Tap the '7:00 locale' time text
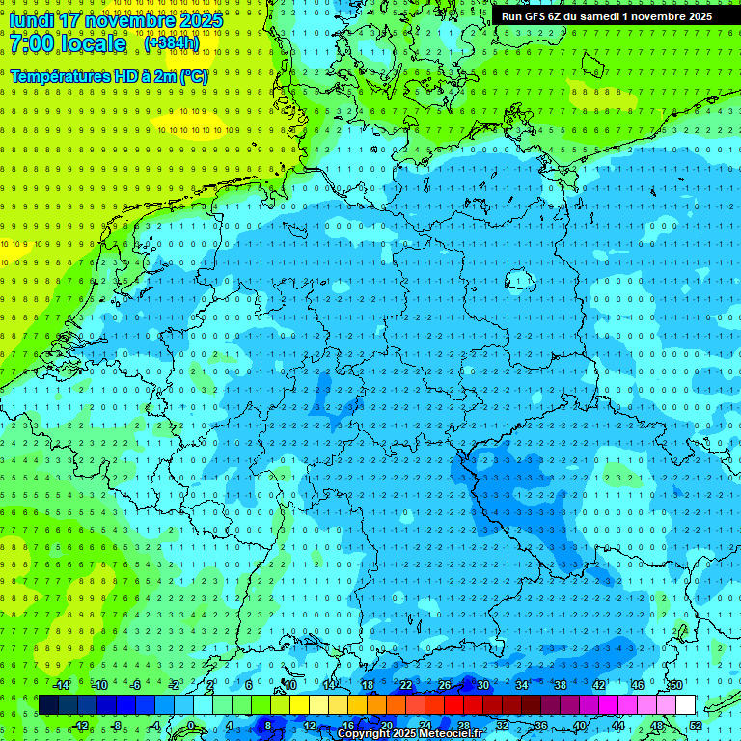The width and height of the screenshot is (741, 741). (x=68, y=43)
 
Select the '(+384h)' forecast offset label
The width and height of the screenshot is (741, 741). (x=172, y=43)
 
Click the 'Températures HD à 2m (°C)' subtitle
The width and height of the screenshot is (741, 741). (x=109, y=76)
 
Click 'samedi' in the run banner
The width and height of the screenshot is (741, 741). (x=611, y=16)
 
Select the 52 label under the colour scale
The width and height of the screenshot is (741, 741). (x=696, y=727)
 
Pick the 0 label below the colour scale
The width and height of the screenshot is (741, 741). (x=191, y=727)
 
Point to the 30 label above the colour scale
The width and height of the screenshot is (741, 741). (x=482, y=685)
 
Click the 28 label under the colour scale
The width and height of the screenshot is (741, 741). (x=463, y=727)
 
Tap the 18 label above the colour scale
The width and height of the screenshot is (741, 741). (x=367, y=685)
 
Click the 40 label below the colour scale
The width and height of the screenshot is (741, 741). (x=580, y=727)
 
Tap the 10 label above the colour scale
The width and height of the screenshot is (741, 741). (x=289, y=685)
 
